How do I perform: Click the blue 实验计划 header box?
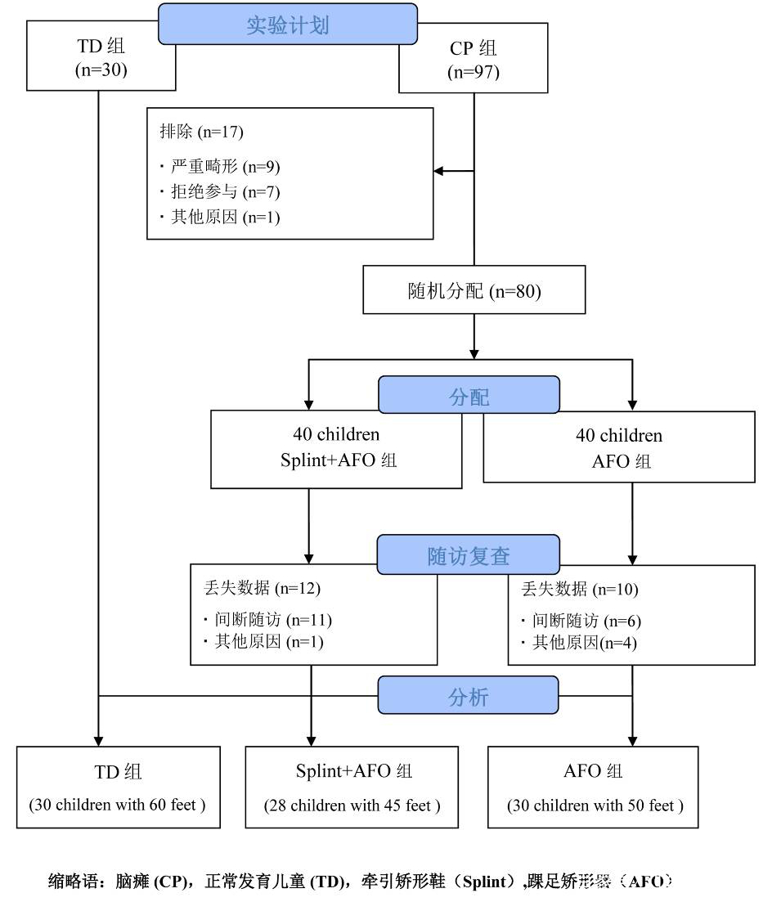(x=287, y=24)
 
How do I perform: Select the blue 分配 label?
(x=469, y=396)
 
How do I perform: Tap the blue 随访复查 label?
(x=469, y=555)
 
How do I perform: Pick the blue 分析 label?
(x=469, y=696)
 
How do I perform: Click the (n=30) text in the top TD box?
(x=101, y=70)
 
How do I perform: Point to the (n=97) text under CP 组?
(x=474, y=72)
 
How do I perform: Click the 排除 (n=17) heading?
(x=201, y=132)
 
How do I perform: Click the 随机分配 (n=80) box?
(x=474, y=290)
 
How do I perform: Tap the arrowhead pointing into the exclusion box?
(x=438, y=171)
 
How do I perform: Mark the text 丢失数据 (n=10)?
(x=579, y=589)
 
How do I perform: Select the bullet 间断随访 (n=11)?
(x=267, y=620)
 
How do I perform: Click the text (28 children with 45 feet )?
(x=352, y=806)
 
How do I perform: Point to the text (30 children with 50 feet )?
(x=595, y=806)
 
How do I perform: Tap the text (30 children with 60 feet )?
(x=118, y=806)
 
